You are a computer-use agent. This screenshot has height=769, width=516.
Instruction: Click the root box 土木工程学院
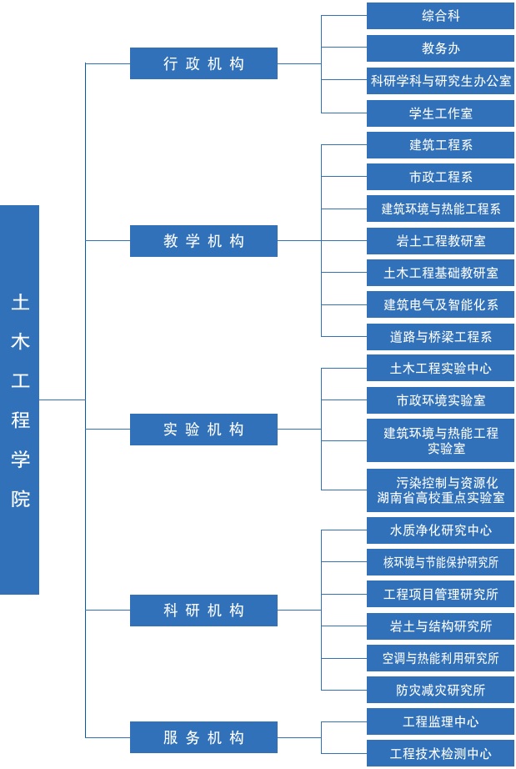20,400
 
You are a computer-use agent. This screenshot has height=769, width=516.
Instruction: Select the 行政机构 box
203,63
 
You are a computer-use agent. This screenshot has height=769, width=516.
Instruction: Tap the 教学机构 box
203,241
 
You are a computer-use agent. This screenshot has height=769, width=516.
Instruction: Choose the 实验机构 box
203,430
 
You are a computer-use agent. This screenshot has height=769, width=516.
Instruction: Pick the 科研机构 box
203,610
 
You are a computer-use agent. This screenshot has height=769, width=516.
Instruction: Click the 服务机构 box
203,737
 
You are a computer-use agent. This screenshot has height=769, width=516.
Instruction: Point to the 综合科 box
440,16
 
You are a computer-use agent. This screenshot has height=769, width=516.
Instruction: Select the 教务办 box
440,48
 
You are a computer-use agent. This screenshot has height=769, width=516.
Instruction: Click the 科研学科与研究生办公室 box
440,81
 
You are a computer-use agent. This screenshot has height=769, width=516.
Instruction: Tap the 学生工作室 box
440,113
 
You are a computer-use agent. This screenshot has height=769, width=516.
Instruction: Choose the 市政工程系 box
440,177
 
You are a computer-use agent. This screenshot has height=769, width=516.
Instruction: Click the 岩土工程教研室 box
440,241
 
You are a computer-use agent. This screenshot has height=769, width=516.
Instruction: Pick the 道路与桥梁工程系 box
440,337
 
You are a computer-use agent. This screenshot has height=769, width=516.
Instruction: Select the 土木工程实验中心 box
440,368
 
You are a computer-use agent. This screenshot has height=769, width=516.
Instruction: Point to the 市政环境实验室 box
440,400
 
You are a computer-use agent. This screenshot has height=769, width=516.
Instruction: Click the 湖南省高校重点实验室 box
440,490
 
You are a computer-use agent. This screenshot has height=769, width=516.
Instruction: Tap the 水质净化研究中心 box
440,530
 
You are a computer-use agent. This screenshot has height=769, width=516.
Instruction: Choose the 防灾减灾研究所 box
440,690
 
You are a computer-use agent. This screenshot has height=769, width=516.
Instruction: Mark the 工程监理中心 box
440,721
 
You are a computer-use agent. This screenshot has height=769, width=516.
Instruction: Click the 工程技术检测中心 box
440,753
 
